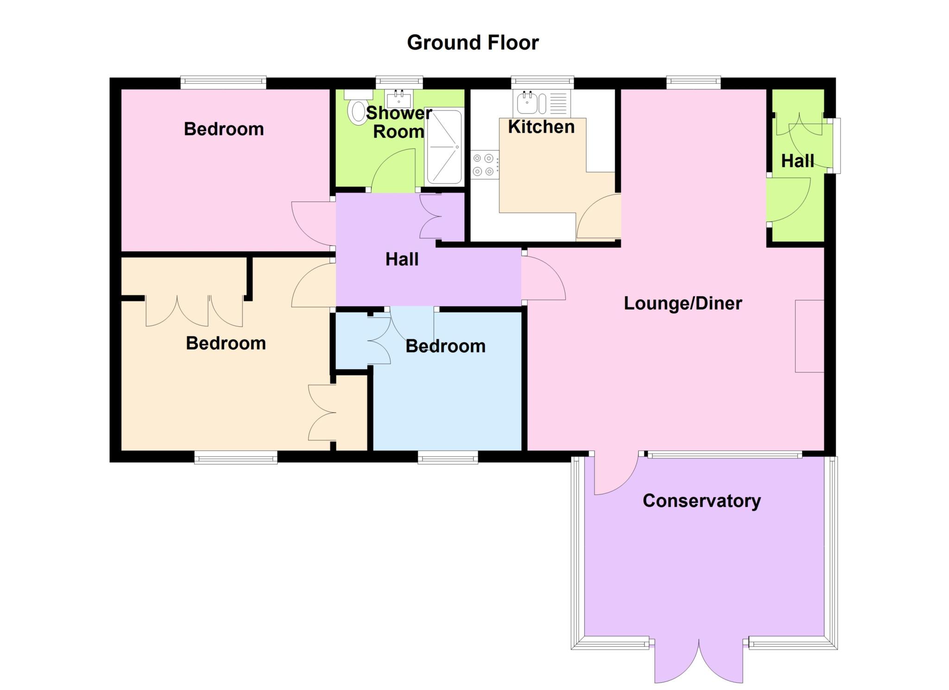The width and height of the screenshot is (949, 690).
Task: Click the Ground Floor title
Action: (473, 43)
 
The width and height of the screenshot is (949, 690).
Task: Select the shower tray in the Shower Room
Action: (444, 146)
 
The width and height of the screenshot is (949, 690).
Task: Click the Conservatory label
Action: (702, 501)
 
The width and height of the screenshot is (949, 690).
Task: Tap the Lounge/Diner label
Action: (683, 303)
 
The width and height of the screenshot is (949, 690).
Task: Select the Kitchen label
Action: (541, 127)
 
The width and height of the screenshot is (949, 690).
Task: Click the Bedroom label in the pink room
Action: (224, 129)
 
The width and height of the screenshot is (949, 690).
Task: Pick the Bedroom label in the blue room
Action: (445, 346)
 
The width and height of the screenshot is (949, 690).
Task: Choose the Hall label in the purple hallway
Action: (402, 259)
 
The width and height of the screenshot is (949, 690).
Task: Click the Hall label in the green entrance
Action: (797, 161)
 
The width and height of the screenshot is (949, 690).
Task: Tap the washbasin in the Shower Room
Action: (399, 99)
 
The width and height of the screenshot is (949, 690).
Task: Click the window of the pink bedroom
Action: (223, 82)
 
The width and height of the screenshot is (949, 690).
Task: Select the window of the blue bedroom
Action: (448, 457)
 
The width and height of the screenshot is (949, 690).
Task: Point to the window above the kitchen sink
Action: (542, 82)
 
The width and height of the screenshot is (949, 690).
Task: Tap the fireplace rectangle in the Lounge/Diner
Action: (810, 336)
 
